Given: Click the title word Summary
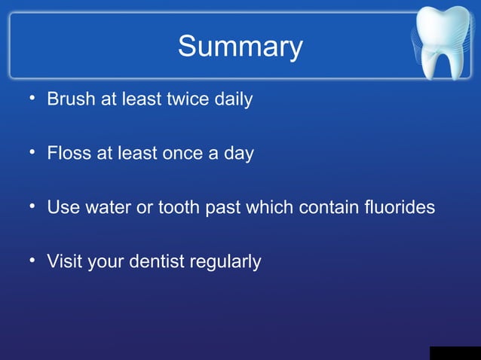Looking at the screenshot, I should click(240, 47).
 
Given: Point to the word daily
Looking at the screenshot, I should click(233, 99).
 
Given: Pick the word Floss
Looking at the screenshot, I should click(68, 154).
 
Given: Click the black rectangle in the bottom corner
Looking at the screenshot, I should click(455, 353).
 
